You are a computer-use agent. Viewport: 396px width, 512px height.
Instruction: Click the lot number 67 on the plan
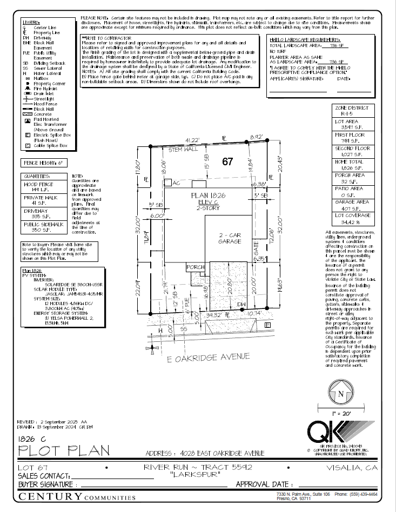pos(227,161)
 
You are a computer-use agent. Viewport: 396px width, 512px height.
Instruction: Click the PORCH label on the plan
pos(196,267)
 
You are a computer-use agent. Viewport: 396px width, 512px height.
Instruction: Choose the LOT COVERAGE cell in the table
pos(352,218)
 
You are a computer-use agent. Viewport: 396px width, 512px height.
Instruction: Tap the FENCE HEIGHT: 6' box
pos(43,163)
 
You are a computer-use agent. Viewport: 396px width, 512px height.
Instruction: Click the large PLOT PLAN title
pos(64,450)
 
